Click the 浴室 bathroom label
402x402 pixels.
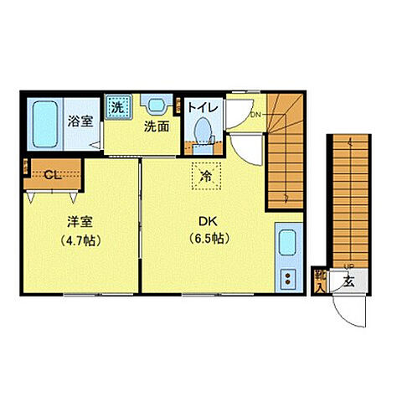(80, 120)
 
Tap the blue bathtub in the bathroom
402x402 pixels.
(42, 124)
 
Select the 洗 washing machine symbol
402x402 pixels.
(117, 106)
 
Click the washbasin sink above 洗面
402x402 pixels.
(155, 106)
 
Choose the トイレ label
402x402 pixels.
(202, 107)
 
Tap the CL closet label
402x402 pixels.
(52, 175)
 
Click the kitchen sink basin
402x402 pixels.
(287, 245)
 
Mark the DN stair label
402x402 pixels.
(255, 116)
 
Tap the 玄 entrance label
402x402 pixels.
(348, 281)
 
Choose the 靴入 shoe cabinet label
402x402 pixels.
(320, 280)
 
